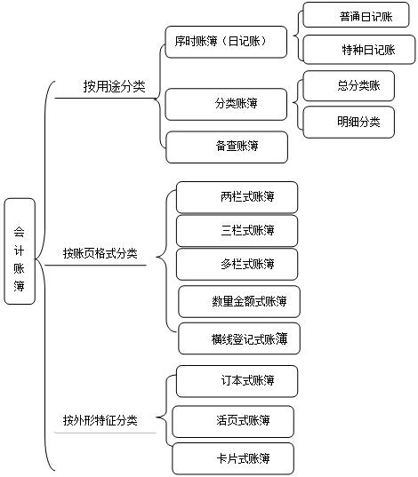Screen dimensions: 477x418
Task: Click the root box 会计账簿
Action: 20,250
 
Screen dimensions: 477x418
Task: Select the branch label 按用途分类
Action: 115,87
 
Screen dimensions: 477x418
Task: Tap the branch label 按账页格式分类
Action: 100,253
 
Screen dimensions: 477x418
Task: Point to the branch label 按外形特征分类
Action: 100,419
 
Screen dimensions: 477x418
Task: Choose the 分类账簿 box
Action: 227,104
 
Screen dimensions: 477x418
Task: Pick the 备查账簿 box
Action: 227,147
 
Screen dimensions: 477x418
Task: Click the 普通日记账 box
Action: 358,15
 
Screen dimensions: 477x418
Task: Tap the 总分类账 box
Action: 358,86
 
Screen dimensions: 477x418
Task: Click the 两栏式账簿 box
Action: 237,196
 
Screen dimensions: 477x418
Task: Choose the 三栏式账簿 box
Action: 237,230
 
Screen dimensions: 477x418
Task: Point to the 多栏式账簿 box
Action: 237,264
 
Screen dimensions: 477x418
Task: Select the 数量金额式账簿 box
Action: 238,302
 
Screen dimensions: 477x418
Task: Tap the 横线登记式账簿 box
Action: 238,338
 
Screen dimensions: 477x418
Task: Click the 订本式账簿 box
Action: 237,380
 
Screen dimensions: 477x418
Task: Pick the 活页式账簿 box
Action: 233,420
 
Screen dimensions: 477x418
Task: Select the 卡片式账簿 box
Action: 233,459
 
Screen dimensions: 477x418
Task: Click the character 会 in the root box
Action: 20,229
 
